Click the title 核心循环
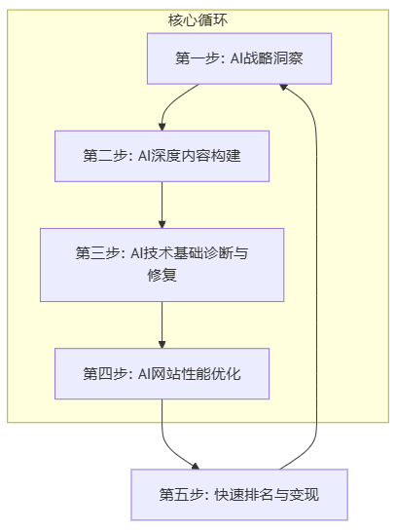click(x=198, y=20)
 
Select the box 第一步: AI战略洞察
click(x=239, y=58)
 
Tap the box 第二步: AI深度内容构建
click(x=162, y=156)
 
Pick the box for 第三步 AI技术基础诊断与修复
click(x=162, y=265)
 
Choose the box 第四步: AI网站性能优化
click(x=162, y=374)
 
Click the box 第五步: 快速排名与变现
click(x=239, y=495)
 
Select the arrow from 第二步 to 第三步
click(x=162, y=206)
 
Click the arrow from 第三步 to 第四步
click(x=162, y=324)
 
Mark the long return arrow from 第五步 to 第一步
click(x=316, y=277)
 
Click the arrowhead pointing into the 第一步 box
click(x=283, y=87)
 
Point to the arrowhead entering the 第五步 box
click(x=196, y=467)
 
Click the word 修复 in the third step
click(x=162, y=275)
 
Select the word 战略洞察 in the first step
click(x=272, y=58)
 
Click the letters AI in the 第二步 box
click(x=144, y=156)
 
